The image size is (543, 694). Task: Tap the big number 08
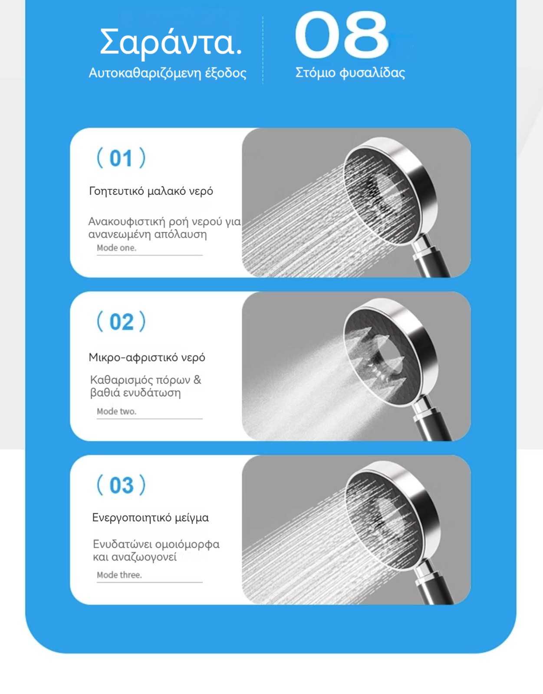point(341,35)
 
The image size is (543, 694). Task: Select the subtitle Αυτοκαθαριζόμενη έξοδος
point(168,73)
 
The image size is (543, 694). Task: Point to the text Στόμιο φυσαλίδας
point(350,73)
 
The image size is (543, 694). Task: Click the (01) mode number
point(121,158)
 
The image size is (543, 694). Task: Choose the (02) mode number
point(121,321)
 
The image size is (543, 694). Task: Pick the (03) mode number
point(121,485)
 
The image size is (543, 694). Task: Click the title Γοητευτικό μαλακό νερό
point(151,191)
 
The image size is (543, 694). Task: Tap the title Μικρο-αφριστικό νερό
point(147,357)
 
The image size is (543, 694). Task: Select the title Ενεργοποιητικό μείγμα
point(150,517)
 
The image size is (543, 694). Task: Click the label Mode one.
point(117,248)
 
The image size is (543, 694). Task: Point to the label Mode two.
point(117,411)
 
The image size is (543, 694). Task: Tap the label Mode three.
point(119,575)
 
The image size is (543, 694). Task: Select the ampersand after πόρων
point(197,380)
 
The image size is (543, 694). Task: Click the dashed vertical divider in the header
point(263,50)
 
